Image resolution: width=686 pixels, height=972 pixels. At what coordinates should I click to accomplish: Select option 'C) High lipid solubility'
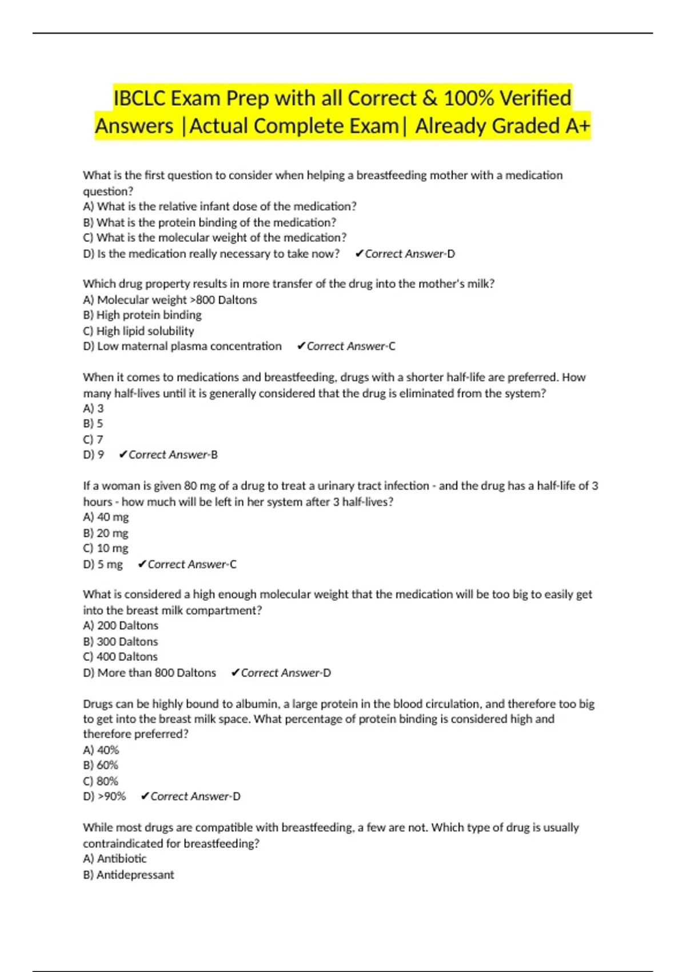tap(138, 331)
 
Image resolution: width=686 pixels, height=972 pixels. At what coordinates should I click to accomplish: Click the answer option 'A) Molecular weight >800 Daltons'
tap(170, 300)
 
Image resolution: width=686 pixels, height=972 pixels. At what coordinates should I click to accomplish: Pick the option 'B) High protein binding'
tap(142, 315)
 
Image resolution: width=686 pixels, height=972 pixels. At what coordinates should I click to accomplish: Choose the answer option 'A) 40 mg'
tap(106, 517)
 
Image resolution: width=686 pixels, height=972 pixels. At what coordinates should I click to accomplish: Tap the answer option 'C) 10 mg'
tap(106, 548)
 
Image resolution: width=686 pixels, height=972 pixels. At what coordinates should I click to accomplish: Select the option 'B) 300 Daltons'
tap(120, 642)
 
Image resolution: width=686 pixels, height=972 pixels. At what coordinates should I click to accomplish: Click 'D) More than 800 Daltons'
tap(149, 673)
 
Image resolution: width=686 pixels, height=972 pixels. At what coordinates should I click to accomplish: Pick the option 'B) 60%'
tap(101, 765)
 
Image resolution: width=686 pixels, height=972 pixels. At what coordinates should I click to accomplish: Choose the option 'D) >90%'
tap(104, 796)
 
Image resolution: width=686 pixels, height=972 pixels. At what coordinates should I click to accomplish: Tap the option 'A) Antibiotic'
tap(114, 859)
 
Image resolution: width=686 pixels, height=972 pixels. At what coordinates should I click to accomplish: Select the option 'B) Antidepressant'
tap(128, 875)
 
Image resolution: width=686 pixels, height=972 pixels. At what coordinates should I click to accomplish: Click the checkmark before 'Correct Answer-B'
tap(122, 455)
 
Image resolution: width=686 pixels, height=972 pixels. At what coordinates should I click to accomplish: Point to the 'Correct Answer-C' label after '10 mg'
tap(192, 564)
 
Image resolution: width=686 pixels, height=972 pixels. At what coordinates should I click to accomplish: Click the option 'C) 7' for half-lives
tap(93, 440)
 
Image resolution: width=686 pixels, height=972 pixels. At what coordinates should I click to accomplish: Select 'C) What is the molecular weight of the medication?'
tap(214, 238)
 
